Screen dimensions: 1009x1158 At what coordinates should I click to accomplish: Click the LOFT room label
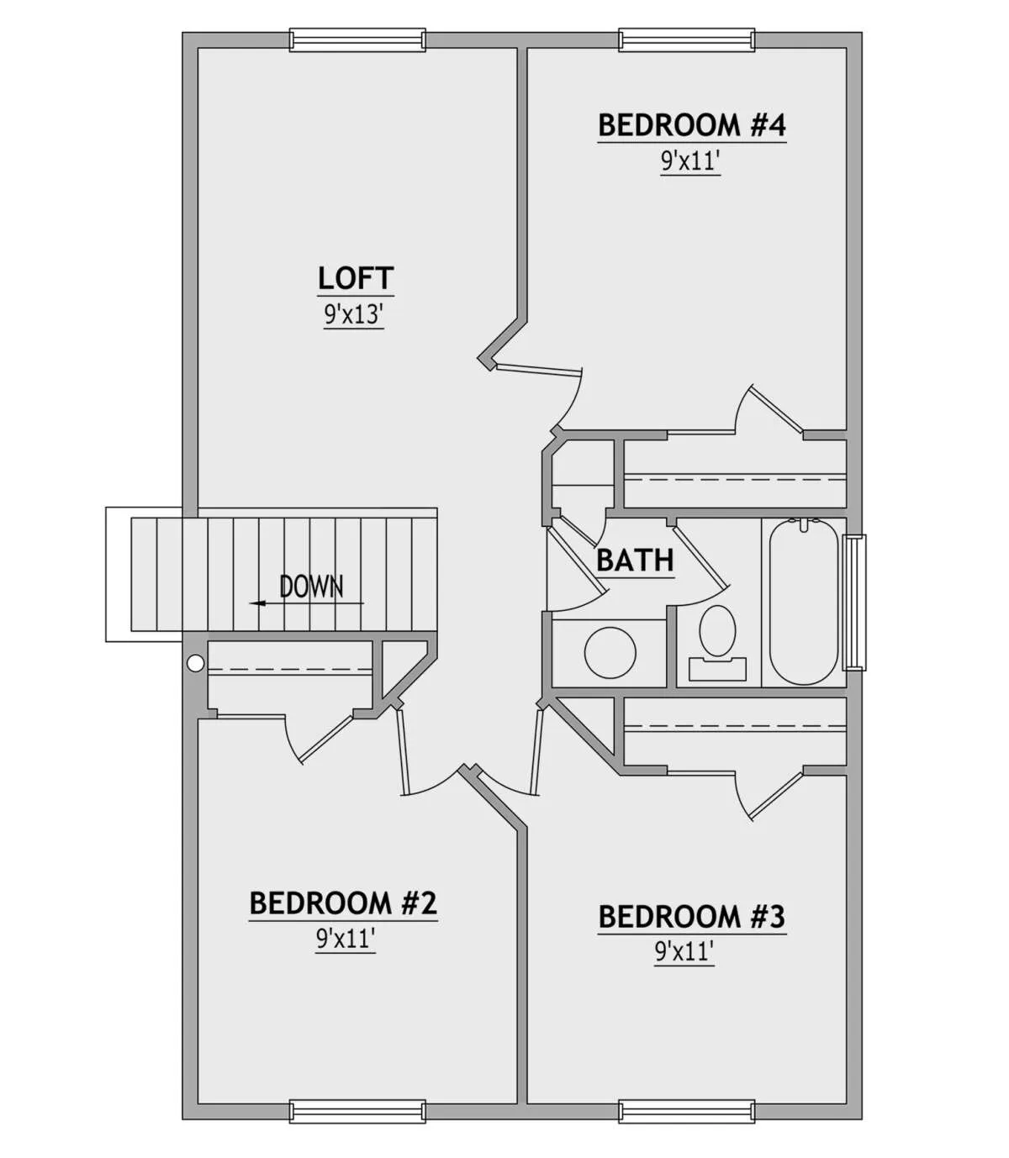click(356, 278)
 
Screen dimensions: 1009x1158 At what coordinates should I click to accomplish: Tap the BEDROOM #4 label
click(692, 125)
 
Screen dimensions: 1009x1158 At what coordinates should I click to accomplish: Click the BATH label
click(636, 561)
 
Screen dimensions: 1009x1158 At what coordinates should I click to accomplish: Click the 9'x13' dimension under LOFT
click(354, 314)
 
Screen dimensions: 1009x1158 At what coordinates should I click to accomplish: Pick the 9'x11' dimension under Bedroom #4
click(690, 161)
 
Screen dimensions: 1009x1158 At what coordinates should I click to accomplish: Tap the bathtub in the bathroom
click(804, 602)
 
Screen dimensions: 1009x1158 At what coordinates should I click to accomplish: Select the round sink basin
click(610, 653)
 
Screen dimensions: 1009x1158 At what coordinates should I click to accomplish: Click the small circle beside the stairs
click(195, 663)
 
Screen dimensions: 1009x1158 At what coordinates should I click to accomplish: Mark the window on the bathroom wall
click(854, 603)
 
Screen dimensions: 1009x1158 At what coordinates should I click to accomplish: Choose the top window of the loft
click(357, 40)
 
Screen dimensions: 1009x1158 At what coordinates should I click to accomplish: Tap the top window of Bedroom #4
click(687, 40)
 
